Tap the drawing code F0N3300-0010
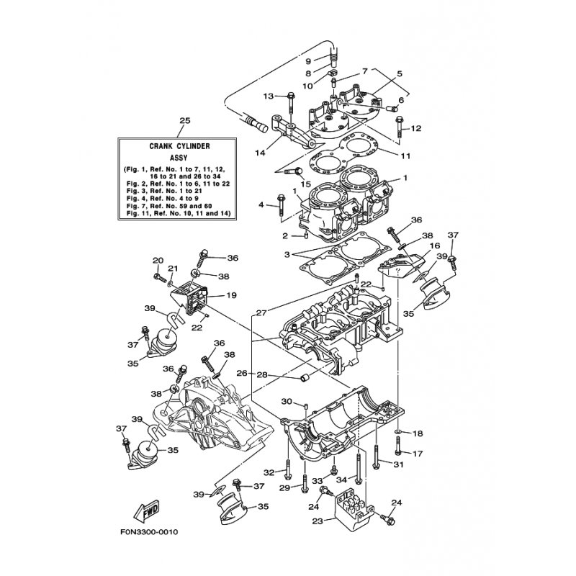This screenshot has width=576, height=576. pyautogui.click(x=149, y=531)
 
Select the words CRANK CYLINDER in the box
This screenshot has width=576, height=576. pyautogui.click(x=179, y=146)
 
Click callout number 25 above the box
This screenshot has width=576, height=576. pyautogui.click(x=185, y=120)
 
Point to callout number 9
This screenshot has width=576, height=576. pyautogui.click(x=308, y=61)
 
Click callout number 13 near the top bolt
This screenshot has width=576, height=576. pyautogui.click(x=269, y=96)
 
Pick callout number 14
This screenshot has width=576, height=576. pyautogui.click(x=260, y=153)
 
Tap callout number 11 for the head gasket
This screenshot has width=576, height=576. pyautogui.click(x=405, y=156)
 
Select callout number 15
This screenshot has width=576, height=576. pyautogui.click(x=305, y=184)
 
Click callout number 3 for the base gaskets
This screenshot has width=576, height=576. pyautogui.click(x=287, y=254)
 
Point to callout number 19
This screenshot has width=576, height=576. pyautogui.click(x=232, y=295)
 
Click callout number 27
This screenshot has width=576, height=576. pyautogui.click(x=261, y=313)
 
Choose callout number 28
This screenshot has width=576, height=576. pyautogui.click(x=262, y=374)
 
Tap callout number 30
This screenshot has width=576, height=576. pyautogui.click(x=287, y=402)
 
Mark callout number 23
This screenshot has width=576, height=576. pyautogui.click(x=318, y=521)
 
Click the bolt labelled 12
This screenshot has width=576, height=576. pyautogui.click(x=400, y=128)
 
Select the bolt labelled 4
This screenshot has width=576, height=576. pyautogui.click(x=281, y=205)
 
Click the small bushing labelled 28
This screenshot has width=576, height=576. pyautogui.click(x=306, y=377)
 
